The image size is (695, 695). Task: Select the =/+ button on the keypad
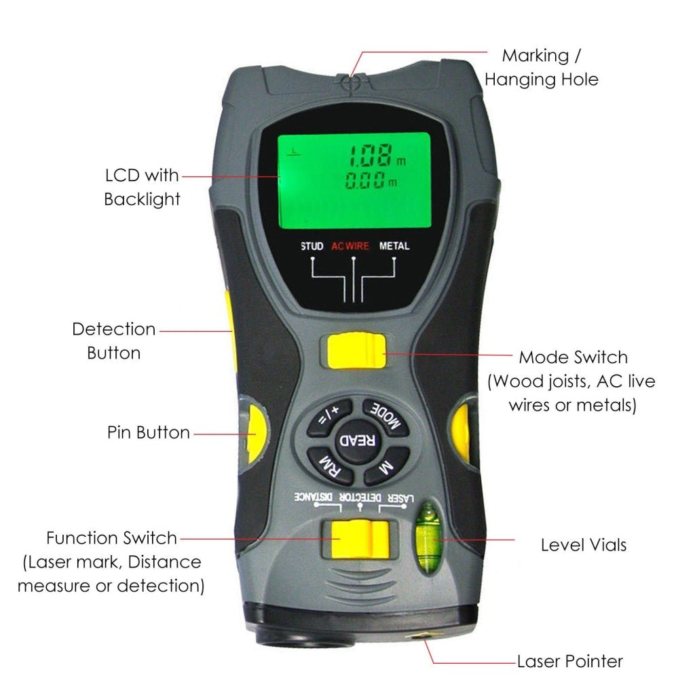[x=329, y=415]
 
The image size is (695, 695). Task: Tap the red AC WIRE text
[x=350, y=246]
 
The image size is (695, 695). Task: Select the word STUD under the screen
[x=312, y=246]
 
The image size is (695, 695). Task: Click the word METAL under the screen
[x=394, y=246]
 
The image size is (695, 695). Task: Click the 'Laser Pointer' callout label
[x=569, y=661]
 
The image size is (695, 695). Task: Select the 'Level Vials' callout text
[x=583, y=544]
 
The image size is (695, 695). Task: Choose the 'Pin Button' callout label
[x=148, y=432]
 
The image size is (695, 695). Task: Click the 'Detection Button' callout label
[x=114, y=341]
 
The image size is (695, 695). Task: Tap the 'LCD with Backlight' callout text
[x=142, y=187]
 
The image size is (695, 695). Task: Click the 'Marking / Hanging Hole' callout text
[x=541, y=67]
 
